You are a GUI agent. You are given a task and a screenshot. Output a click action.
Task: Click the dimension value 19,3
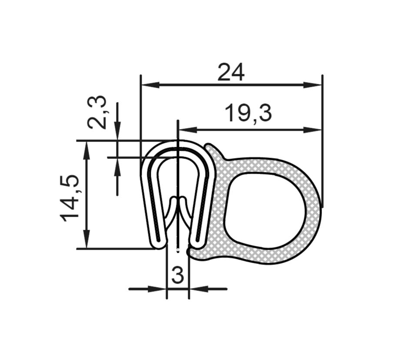click(x=248, y=114)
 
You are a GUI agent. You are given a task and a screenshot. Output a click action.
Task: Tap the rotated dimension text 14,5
click(x=71, y=198)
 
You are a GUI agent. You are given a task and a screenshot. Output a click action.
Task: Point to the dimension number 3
click(x=177, y=275)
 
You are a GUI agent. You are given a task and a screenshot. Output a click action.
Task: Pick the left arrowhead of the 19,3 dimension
click(x=186, y=129)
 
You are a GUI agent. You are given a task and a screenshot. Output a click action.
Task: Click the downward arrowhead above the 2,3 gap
click(x=117, y=132)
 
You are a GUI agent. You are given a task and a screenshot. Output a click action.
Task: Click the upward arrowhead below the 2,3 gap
click(x=117, y=165)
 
